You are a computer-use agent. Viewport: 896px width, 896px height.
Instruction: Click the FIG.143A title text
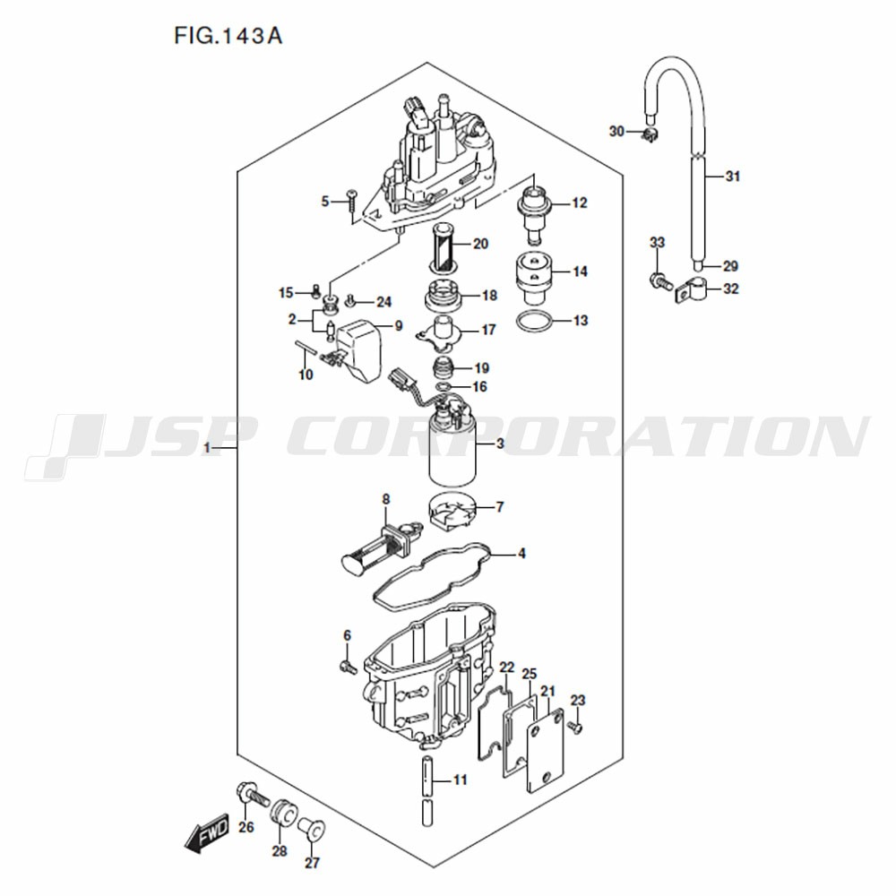[x=228, y=36]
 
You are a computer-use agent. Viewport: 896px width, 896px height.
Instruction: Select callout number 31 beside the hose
[x=733, y=177]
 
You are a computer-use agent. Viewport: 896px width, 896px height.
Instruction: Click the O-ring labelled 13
[x=535, y=321]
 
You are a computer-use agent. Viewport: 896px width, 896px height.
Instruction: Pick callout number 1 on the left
[x=208, y=448]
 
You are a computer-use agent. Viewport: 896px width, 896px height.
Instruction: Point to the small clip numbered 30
[x=649, y=135]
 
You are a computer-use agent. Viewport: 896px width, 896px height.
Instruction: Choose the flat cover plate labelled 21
[x=545, y=750]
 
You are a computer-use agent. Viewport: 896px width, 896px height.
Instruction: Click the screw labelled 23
[x=575, y=727]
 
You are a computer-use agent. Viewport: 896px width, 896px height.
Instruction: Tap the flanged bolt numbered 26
[x=253, y=796]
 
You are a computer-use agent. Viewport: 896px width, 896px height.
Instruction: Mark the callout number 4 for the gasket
[x=521, y=553]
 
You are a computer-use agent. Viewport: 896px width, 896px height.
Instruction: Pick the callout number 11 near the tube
[x=461, y=780]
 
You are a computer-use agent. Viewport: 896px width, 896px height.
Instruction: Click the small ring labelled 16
[x=443, y=388]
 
